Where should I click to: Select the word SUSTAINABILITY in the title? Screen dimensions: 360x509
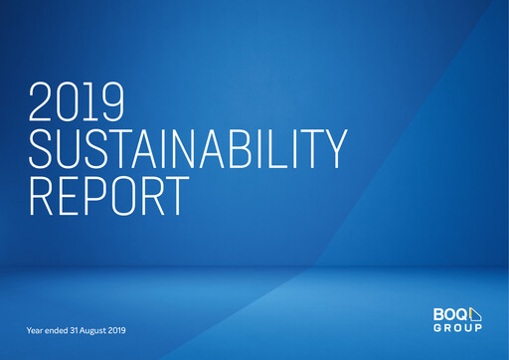(x=188, y=150)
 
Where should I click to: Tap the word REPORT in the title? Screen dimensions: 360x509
(x=107, y=196)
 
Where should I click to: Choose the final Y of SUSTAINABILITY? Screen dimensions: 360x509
(x=333, y=150)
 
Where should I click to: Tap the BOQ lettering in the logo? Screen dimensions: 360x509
(x=450, y=314)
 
